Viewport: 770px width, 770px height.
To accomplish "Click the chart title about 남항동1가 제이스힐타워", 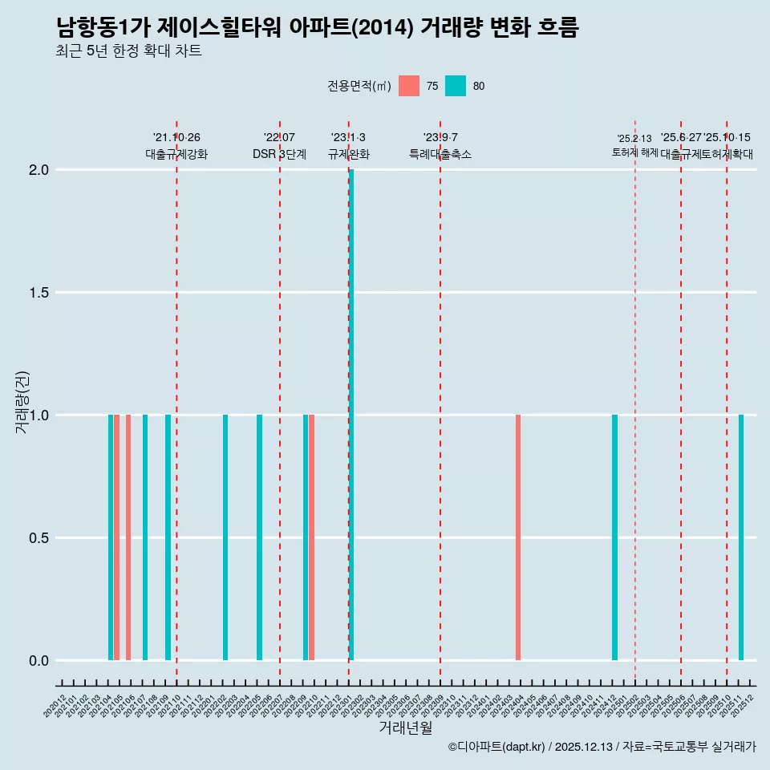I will tap(317, 28).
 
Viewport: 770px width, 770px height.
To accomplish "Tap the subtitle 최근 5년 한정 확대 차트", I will tap(128, 52).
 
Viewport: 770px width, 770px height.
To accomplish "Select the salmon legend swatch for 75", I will tap(408, 86).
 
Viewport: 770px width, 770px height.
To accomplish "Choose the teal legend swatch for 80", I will tap(455, 86).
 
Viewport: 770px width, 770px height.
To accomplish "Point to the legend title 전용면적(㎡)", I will tap(359, 86).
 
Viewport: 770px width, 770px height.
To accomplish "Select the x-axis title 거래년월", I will tap(405, 728).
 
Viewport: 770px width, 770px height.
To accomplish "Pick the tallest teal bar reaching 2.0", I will tap(351, 415).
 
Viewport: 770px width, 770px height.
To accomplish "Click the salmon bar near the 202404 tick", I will tap(518, 537).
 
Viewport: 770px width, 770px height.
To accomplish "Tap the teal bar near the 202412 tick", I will tap(614, 537).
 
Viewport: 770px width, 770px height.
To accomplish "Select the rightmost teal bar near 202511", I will tap(741, 537).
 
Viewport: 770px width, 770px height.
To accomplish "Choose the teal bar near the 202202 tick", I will tap(225, 537).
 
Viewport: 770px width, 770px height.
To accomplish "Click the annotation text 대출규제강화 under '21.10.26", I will tap(176, 154).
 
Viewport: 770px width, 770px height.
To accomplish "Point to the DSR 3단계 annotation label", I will tap(279, 154).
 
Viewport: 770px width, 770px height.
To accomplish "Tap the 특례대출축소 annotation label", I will tap(440, 154).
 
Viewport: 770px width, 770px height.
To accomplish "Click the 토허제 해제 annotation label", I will tap(634, 152).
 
